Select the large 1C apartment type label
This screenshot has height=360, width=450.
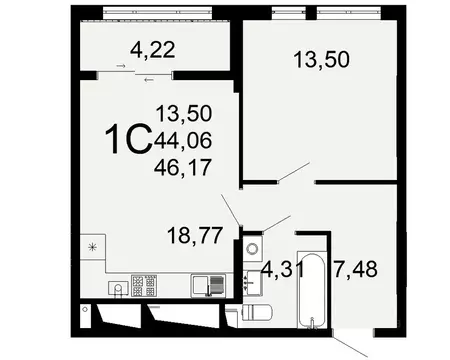pyautogui.click(x=128, y=139)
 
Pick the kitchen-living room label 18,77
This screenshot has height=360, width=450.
pyautogui.click(x=198, y=237)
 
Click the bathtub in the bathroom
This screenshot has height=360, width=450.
pyautogui.click(x=314, y=290)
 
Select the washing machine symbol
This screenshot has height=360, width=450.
pyautogui.click(x=252, y=247)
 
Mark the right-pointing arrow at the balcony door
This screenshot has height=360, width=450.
pyautogui.click(x=121, y=67)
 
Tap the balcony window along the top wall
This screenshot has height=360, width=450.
pyautogui.click(x=145, y=16)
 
